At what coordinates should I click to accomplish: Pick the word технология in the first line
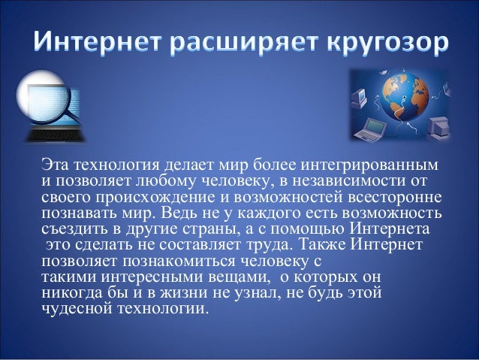pos(104,164)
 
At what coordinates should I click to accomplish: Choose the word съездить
pos(69,229)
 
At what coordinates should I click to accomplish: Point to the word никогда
pos(66,293)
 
